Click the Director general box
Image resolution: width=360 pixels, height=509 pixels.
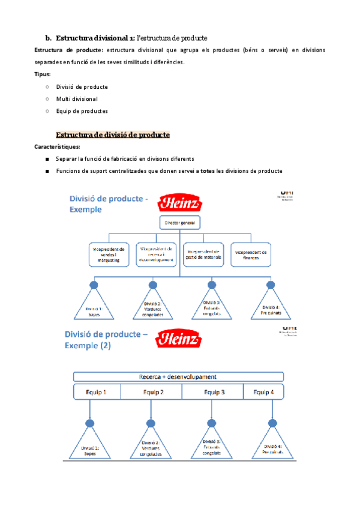pos(179,223)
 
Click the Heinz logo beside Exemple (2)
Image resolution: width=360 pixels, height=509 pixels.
pos(178,339)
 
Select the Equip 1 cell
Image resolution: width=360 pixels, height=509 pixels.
pos(97,393)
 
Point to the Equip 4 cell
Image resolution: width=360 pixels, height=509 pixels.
pos(262,393)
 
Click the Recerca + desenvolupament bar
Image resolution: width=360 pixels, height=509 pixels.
pos(178,377)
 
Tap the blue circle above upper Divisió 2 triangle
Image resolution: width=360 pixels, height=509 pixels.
pos(152,285)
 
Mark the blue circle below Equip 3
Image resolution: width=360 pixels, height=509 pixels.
pos(212,423)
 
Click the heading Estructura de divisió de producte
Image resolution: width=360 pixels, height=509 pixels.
pos(113,135)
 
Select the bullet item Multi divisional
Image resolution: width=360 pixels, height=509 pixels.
pos(77,98)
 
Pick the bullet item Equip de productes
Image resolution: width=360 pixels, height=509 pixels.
pos(82,110)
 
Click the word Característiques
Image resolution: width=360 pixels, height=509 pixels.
pos(57,147)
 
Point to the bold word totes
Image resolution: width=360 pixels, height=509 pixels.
pos(207,171)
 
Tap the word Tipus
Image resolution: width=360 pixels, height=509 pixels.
pos(42,74)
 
